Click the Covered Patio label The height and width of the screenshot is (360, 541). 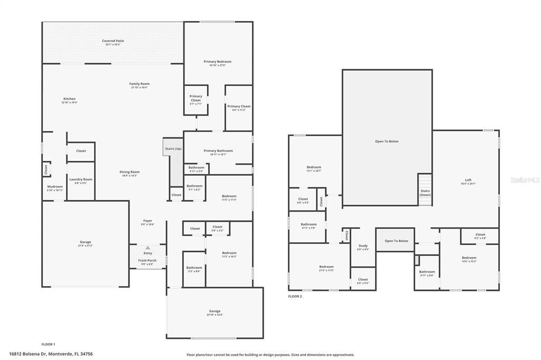point(113,41)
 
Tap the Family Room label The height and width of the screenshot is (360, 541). point(139,83)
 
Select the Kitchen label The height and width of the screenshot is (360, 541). point(69,99)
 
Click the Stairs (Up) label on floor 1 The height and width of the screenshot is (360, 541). point(173,149)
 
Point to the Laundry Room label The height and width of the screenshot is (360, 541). point(81,179)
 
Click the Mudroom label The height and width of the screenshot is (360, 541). point(55,186)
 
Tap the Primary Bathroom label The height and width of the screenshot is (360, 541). point(218,151)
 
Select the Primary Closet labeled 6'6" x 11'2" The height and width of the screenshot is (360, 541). point(239,107)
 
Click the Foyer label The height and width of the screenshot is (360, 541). point(147,221)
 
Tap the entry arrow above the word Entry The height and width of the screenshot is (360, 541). point(148,247)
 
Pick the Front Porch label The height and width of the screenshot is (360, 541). point(147,260)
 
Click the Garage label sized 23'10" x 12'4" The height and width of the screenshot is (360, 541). point(214,311)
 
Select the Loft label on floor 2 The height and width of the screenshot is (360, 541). point(468,179)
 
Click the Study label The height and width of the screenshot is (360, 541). point(363,245)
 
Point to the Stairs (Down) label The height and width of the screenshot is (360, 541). point(425,192)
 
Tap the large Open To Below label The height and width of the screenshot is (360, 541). point(387,141)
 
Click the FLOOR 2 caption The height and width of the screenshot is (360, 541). point(295,297)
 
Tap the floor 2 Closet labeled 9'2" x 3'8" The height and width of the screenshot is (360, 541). point(480,234)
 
